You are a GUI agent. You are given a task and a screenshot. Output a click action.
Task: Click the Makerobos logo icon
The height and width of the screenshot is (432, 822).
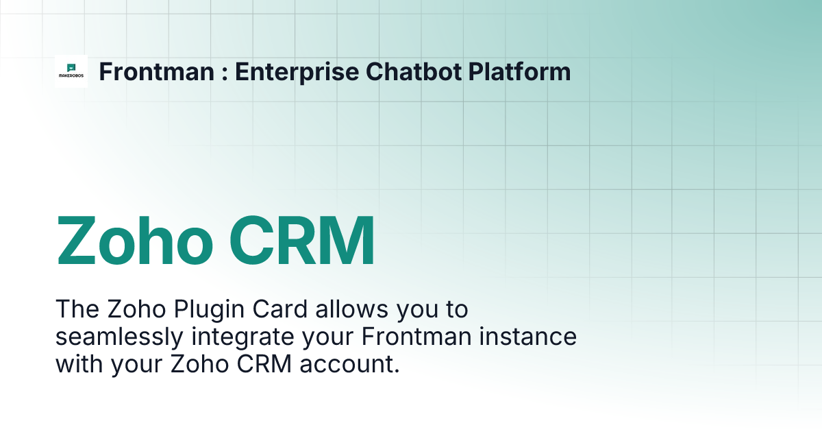click(71, 71)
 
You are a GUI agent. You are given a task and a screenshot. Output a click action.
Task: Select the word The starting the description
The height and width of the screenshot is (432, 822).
click(77, 309)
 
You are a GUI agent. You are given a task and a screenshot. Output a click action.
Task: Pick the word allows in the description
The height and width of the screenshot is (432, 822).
click(349, 309)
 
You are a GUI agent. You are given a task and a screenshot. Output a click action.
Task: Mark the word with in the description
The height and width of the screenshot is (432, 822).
click(77, 364)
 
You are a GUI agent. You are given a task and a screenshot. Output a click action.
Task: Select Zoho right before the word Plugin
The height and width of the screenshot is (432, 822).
click(132, 309)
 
